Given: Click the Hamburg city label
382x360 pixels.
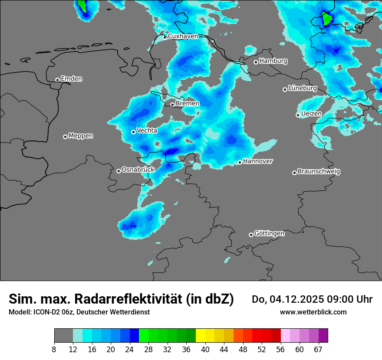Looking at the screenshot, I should (x=273, y=61).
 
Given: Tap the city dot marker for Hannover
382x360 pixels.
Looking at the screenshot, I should (x=240, y=163).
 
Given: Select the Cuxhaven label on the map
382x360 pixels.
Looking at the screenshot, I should (x=183, y=36).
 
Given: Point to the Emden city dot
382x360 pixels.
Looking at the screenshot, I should (x=57, y=80).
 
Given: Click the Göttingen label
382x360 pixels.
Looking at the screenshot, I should (x=269, y=234).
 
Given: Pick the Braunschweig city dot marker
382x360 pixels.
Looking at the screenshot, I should (x=294, y=173).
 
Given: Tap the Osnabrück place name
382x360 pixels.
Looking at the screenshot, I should (x=138, y=170).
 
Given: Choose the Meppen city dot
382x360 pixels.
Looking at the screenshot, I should (x=65, y=137).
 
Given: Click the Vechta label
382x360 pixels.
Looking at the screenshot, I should (x=147, y=131).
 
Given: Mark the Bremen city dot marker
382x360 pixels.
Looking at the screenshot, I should (x=172, y=105).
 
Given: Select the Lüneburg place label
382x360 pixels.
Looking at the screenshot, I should (x=303, y=88).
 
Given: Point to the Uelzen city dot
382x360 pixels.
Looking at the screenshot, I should (x=298, y=115).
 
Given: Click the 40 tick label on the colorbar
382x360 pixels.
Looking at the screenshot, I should (x=205, y=349).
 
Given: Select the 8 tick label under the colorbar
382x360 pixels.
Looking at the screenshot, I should (x=54, y=349).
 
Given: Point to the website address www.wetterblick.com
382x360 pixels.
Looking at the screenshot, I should (x=313, y=312).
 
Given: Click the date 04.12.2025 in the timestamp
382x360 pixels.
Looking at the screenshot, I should (x=294, y=299).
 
